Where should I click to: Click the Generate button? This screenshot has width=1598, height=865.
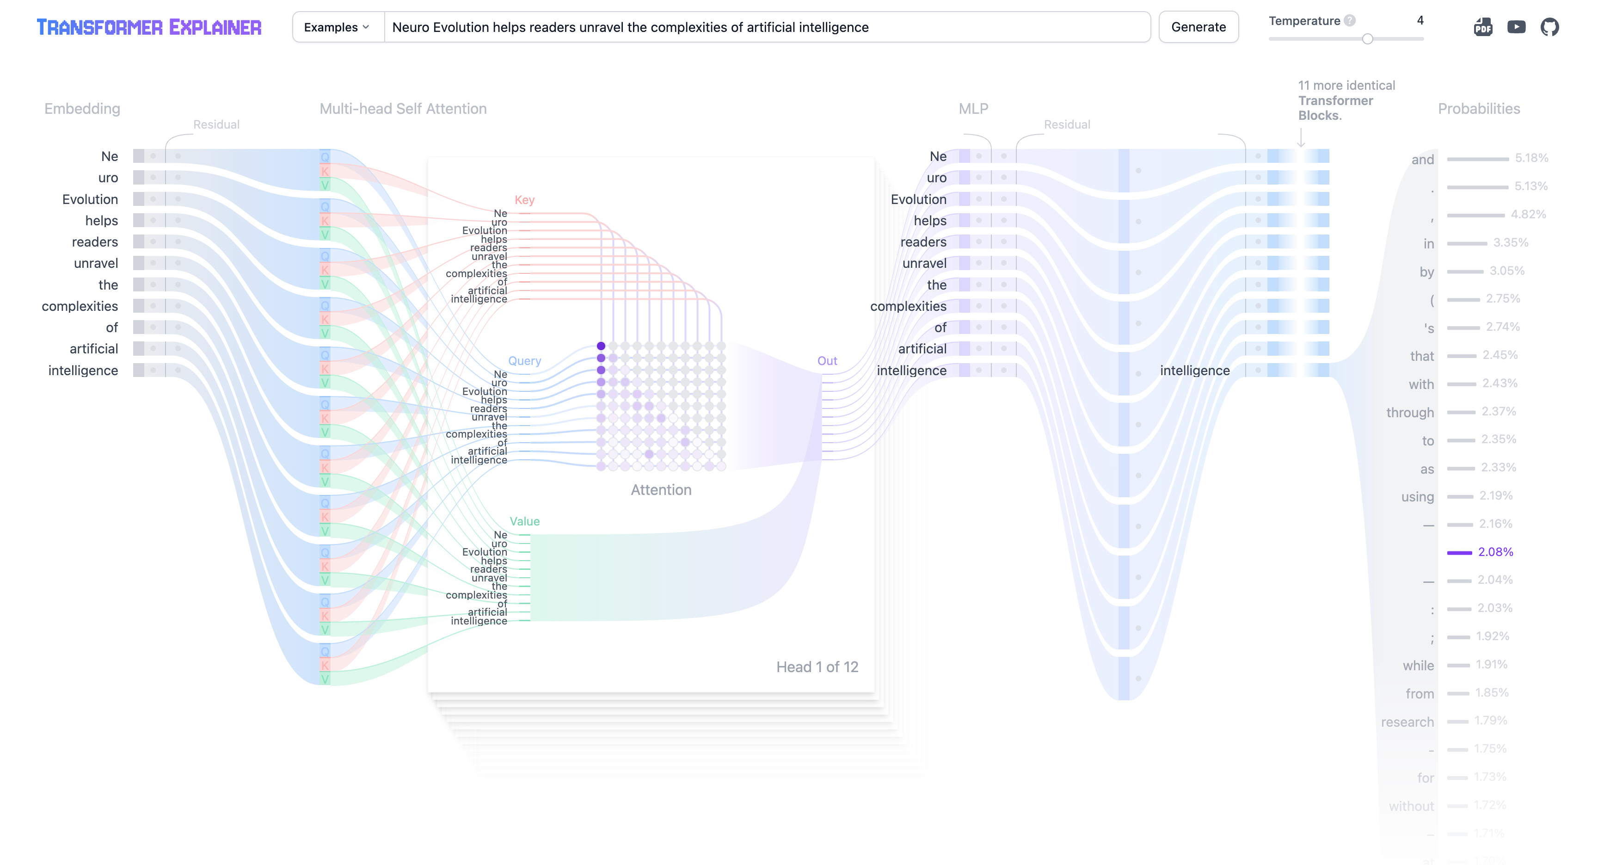pyautogui.click(x=1198, y=27)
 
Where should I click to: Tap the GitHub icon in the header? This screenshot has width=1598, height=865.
pyautogui.click(x=1549, y=27)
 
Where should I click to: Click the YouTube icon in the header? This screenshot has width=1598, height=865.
pyautogui.click(x=1516, y=27)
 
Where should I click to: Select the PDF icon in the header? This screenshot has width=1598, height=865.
pyautogui.click(x=1482, y=27)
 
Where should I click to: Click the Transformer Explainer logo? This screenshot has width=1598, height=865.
pyautogui.click(x=149, y=27)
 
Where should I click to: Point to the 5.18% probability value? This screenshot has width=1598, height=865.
pyautogui.click(x=1531, y=158)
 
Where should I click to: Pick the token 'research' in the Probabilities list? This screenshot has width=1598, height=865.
pyautogui.click(x=1407, y=722)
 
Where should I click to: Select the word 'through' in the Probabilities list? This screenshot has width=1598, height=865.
pyautogui.click(x=1409, y=413)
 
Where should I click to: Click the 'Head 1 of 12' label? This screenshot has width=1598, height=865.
pyautogui.click(x=817, y=667)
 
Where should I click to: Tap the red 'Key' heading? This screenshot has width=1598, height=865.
pyautogui.click(x=524, y=200)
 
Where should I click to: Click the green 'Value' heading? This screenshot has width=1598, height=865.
pyautogui.click(x=524, y=521)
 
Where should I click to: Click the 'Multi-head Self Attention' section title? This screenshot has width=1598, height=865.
pyautogui.click(x=403, y=109)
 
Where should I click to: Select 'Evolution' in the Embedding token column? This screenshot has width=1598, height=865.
pyautogui.click(x=90, y=199)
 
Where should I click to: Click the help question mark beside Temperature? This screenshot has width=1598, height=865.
pyautogui.click(x=1349, y=20)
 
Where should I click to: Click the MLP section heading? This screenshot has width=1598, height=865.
pyautogui.click(x=973, y=109)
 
